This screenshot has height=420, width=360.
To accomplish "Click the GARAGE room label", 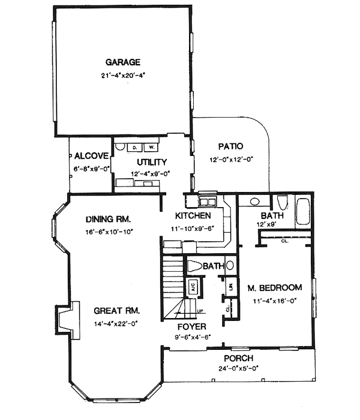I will (x=123, y=62).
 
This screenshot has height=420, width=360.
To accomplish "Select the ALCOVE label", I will (x=91, y=156).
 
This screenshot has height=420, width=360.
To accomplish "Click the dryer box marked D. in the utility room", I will (x=135, y=147).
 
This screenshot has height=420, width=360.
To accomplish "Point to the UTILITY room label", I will (x=151, y=162).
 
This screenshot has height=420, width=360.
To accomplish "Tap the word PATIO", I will (x=230, y=146).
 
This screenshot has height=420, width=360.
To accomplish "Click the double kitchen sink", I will (x=208, y=200).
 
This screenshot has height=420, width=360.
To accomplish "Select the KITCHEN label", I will (x=192, y=215).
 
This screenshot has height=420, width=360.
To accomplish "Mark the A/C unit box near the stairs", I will (x=194, y=286).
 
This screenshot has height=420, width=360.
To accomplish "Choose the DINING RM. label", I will (x=108, y=219).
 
